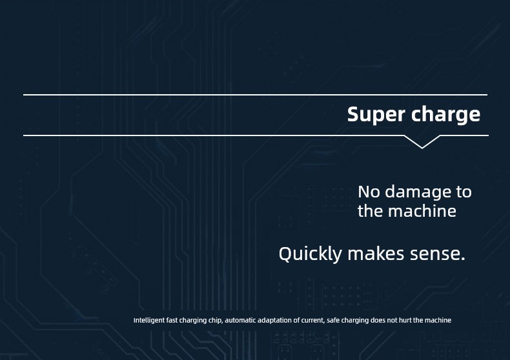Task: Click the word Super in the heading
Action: [x=376, y=115]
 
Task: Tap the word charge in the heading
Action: [x=446, y=115]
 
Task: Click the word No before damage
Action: [x=369, y=192]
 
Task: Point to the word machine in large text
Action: [x=422, y=211]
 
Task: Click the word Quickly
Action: [x=311, y=254]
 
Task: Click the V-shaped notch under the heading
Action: [x=422, y=142]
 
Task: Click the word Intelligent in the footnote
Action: [x=149, y=321]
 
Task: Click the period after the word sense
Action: [x=463, y=259]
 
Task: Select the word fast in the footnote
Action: [x=172, y=321]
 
